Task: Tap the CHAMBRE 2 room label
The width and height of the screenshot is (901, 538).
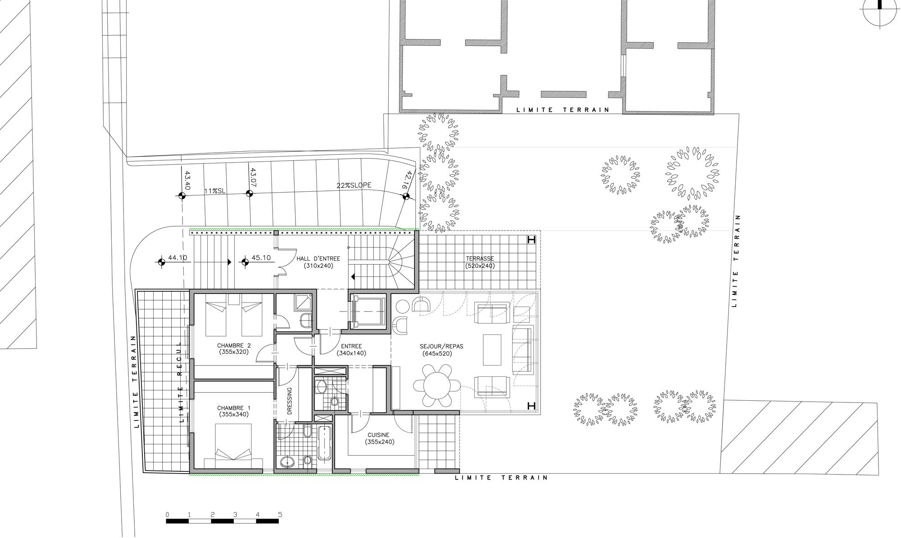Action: pyautogui.click(x=233, y=349)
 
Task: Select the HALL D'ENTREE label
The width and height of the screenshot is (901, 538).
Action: pyautogui.click(x=318, y=262)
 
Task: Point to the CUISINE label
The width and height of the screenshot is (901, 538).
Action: pyautogui.click(x=380, y=438)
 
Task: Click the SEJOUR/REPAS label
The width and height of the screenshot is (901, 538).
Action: pyautogui.click(x=441, y=350)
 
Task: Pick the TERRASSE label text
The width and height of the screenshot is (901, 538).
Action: pyautogui.click(x=480, y=262)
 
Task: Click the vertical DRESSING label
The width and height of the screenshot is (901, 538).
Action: pyautogui.click(x=290, y=401)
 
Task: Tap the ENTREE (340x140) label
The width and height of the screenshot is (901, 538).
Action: pyautogui.click(x=351, y=350)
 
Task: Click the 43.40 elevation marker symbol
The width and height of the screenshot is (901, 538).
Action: pyautogui.click(x=182, y=195)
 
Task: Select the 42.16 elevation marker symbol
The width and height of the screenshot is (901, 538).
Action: pyautogui.click(x=406, y=196)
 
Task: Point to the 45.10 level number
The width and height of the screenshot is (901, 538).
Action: pyautogui.click(x=261, y=258)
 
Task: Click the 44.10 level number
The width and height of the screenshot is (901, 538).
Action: pyautogui.click(x=177, y=258)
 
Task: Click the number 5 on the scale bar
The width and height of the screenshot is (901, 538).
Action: pyautogui.click(x=280, y=515)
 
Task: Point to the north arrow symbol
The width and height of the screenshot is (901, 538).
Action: pyautogui.click(x=879, y=13)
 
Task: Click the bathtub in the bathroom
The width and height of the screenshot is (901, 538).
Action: pyautogui.click(x=324, y=443)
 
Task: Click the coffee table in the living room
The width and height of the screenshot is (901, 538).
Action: pyautogui.click(x=492, y=349)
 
